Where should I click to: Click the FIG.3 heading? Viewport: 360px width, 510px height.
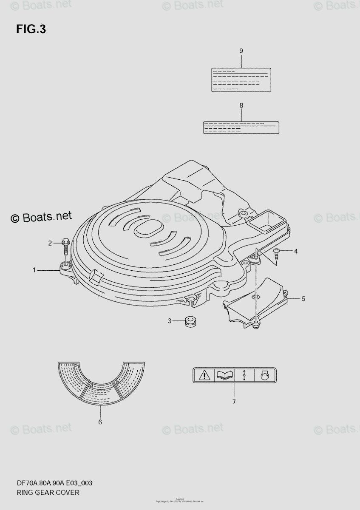tap(31, 29)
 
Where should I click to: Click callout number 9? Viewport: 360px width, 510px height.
tap(241, 51)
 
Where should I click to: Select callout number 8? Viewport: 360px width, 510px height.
tap(241, 105)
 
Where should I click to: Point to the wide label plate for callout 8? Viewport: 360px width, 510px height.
tap(241, 127)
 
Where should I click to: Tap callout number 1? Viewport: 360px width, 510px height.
tap(34, 269)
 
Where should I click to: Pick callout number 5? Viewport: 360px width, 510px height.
tap(303, 299)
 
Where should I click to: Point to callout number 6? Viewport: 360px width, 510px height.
tap(100, 422)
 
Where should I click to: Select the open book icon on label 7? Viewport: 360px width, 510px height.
tap(225, 375)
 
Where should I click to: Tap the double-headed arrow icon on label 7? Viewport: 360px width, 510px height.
tap(244, 375)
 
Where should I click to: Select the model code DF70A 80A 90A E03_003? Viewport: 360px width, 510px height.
tap(54, 483)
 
